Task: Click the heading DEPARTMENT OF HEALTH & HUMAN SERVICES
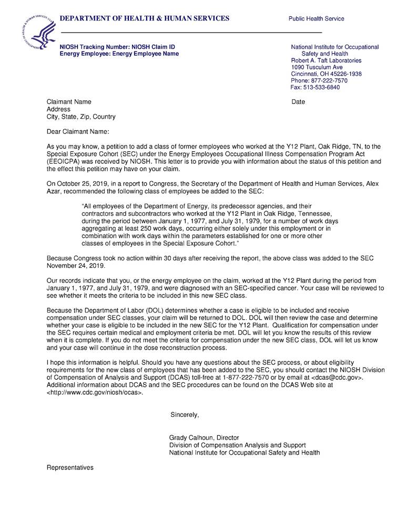[145, 18]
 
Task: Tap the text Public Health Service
[316, 19]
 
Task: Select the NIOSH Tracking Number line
[117, 47]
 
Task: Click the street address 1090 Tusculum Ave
[317, 67]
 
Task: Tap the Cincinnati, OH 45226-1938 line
[326, 74]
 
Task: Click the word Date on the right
[298, 102]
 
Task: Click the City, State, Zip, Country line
[81, 117]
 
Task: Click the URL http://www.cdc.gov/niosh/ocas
[95, 392]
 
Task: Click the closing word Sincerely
[185, 415]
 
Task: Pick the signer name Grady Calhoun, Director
[204, 437]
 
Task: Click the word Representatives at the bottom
[70, 467]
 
